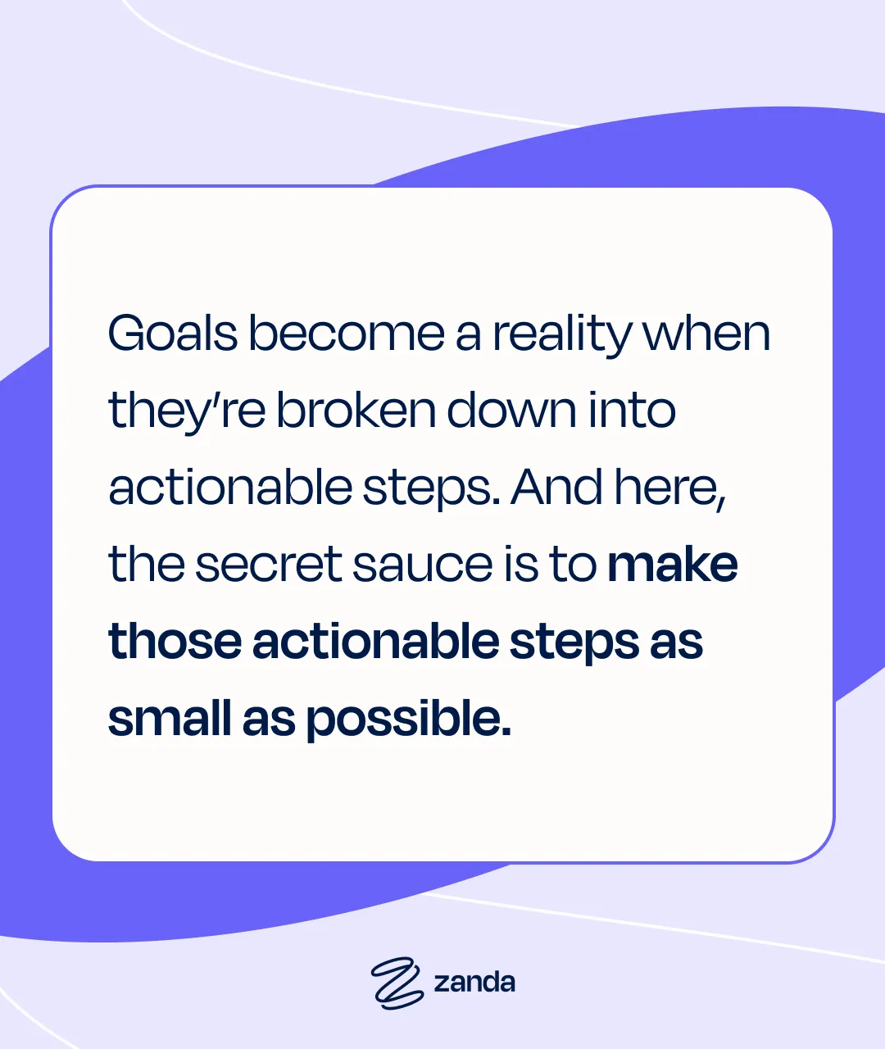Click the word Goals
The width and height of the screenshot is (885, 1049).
(x=173, y=333)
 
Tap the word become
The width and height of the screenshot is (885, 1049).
(x=347, y=333)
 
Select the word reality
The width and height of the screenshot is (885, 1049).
(x=562, y=336)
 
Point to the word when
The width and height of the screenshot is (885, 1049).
(x=706, y=333)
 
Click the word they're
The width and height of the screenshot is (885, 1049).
(x=187, y=413)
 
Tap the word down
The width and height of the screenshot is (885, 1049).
(x=511, y=410)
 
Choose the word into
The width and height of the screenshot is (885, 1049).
(x=632, y=410)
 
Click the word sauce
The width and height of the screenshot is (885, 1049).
(x=422, y=565)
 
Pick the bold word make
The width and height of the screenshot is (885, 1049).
(x=673, y=563)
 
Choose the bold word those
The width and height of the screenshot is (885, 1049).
(x=175, y=641)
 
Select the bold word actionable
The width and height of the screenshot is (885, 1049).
(x=375, y=641)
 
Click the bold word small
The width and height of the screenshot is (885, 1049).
(x=170, y=717)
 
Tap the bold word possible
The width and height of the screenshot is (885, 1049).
(x=408, y=720)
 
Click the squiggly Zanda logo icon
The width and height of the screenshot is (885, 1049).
(x=397, y=983)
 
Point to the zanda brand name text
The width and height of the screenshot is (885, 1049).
(x=474, y=983)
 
